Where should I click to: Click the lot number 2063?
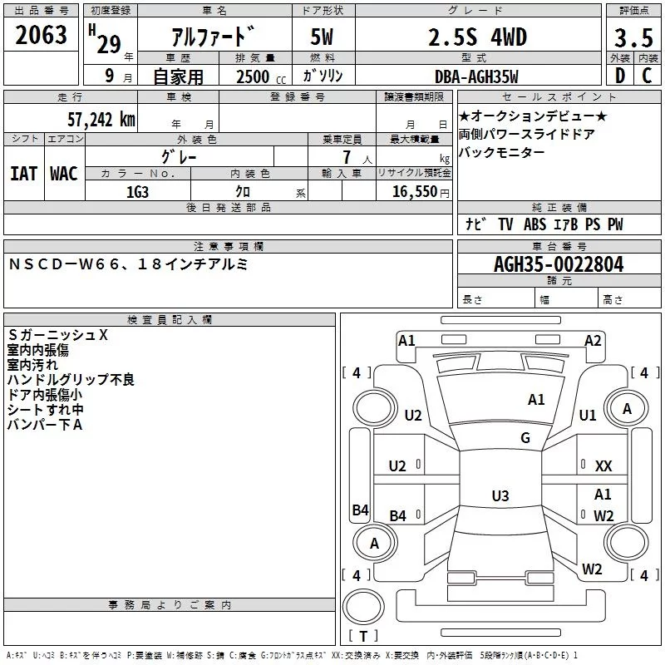point(42,36)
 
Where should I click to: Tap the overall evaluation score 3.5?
point(633,37)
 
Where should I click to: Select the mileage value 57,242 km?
point(101,120)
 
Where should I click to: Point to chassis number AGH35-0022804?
point(558,264)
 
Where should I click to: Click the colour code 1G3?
point(137,192)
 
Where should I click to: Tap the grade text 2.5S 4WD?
point(476,37)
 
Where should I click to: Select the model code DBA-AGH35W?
point(476,76)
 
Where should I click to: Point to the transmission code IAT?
point(23,173)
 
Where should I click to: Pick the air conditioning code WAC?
point(63,173)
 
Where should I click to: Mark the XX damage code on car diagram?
point(603,466)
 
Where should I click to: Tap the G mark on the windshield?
point(525,438)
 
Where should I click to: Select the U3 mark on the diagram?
point(500,496)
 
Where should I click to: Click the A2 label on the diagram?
point(593,340)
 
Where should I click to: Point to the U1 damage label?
point(588,415)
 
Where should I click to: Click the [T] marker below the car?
point(362,637)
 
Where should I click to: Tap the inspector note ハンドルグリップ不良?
point(71,379)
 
